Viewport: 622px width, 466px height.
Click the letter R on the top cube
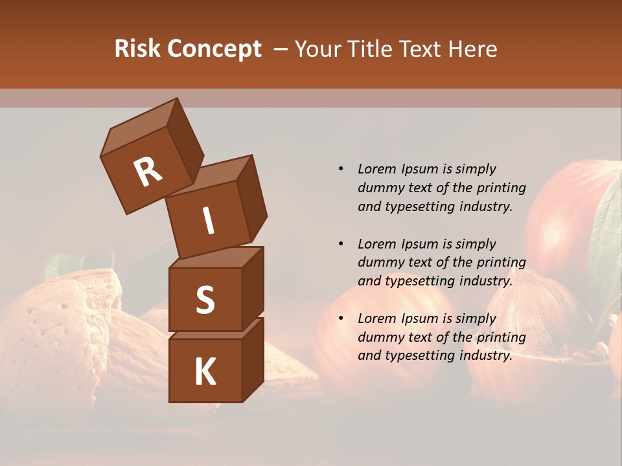coord(148,173)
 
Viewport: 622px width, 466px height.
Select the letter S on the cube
coord(205,300)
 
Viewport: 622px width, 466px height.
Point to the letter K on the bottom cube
coord(205,372)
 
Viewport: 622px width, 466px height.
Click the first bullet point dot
coord(341,169)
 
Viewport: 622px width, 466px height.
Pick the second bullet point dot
coord(341,244)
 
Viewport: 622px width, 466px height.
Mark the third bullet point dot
coord(341,318)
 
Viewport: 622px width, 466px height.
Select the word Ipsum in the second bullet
coord(421,244)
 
